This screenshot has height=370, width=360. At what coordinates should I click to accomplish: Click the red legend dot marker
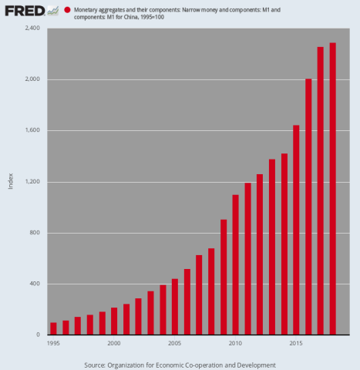point(68,10)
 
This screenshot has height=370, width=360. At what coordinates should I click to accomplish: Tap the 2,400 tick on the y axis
point(34,29)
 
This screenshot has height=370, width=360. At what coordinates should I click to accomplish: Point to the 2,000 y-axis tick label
point(34,79)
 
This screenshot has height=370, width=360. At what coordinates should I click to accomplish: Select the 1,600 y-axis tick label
point(34,131)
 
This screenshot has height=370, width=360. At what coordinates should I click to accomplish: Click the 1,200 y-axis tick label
point(34,182)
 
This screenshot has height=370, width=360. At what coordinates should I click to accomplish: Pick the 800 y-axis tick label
point(36,233)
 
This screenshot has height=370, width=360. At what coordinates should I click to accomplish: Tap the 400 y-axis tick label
point(36,284)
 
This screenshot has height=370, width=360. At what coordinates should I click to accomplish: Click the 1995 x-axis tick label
point(53,343)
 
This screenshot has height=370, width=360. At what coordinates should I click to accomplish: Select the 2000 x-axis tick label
point(114,343)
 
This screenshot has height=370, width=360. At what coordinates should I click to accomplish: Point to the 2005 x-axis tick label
point(174,343)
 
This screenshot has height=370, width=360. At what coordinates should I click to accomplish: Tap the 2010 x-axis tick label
point(235,343)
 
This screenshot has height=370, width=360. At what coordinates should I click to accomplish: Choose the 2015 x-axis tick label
point(296,343)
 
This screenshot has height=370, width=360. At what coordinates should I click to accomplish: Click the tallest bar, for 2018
point(332,189)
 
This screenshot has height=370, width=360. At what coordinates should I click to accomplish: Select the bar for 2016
point(308,207)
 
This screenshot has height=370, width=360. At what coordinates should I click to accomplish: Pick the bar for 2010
point(235,264)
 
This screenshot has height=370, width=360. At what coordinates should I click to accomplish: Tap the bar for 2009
point(224,277)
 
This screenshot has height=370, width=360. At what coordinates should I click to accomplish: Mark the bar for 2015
point(296,230)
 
